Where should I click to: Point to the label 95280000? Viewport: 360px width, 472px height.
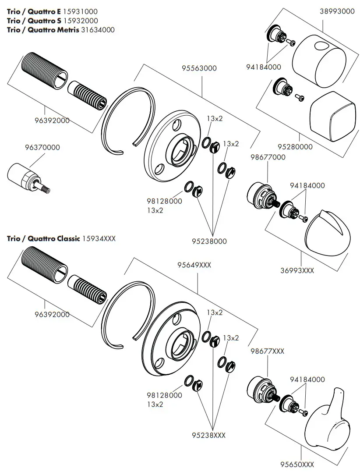tap(296, 147)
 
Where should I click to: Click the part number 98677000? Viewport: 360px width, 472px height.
tap(268, 157)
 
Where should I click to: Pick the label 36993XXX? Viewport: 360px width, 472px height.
tap(297, 270)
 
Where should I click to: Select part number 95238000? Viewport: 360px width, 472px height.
tap(209, 241)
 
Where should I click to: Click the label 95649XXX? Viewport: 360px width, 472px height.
tap(194, 265)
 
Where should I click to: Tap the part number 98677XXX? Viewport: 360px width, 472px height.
tap(267, 351)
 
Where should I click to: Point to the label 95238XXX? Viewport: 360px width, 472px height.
tap(209, 435)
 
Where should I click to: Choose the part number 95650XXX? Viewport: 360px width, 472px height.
tap(297, 464)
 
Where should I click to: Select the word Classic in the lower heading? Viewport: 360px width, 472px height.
tap(68, 238)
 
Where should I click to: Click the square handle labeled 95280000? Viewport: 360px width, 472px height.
tap(332, 117)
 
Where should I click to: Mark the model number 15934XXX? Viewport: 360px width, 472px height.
tap(99, 238)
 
